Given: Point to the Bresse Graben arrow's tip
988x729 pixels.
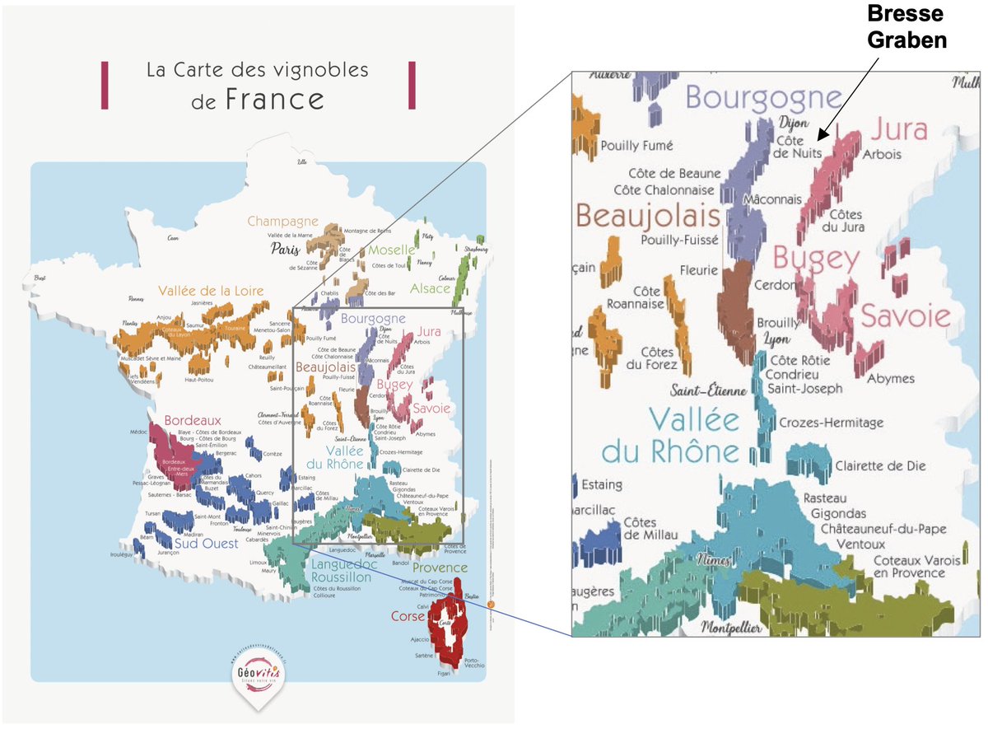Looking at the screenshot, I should tap(817, 141).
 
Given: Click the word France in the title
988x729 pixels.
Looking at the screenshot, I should tap(274, 100).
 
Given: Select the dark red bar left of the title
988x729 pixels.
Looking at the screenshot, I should tap(105, 85).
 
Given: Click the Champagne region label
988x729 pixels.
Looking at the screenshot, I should tap(282, 221).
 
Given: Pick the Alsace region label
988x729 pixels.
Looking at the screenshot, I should tap(431, 288).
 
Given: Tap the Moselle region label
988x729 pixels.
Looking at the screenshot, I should tap(392, 250).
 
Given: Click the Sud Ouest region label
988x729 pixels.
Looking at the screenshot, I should tap(207, 544).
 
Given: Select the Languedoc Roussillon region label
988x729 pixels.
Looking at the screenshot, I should tap(344, 571).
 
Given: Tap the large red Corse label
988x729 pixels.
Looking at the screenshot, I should tap(408, 616).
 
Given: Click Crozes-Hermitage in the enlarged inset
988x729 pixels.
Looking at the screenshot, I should tap(832, 423).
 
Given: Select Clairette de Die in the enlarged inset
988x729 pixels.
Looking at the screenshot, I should tap(880, 465).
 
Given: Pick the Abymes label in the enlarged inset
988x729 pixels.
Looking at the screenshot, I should tap(891, 378).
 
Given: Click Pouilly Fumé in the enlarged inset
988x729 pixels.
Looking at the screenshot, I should tap(636, 145).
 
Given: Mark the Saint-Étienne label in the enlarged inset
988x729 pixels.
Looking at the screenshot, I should tap(708, 390).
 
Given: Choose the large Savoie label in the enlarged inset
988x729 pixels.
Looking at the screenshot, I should tap(906, 315).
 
